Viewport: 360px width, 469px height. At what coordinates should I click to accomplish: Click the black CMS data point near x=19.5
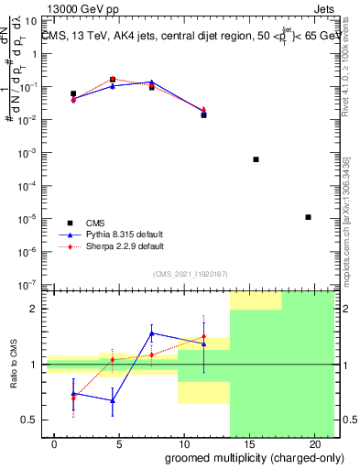(x=308, y=217)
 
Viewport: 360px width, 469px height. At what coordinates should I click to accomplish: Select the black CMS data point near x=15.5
(x=256, y=159)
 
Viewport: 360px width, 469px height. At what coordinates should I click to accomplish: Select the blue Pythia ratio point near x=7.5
(x=152, y=333)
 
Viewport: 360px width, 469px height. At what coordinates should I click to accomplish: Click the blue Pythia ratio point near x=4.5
(x=113, y=400)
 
